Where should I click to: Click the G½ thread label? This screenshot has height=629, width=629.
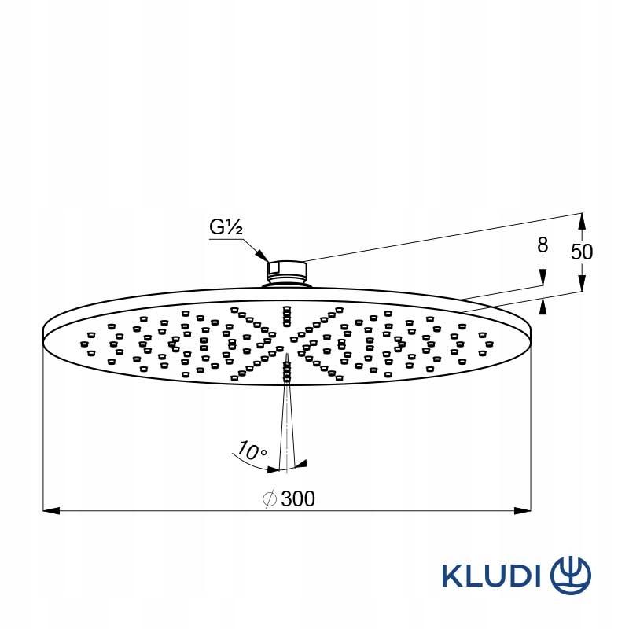(226, 228)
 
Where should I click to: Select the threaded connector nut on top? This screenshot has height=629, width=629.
(287, 270)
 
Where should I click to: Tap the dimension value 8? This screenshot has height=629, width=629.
(542, 245)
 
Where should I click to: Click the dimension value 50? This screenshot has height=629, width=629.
(582, 252)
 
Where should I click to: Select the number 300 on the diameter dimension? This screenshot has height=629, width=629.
(298, 498)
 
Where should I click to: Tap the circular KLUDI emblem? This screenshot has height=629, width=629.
(570, 574)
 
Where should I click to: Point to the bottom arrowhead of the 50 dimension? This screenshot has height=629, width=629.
(582, 284)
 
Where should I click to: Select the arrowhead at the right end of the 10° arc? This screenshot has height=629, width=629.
(303, 465)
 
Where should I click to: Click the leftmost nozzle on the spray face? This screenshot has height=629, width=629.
(83, 344)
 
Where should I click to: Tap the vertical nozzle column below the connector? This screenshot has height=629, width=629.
(287, 314)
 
